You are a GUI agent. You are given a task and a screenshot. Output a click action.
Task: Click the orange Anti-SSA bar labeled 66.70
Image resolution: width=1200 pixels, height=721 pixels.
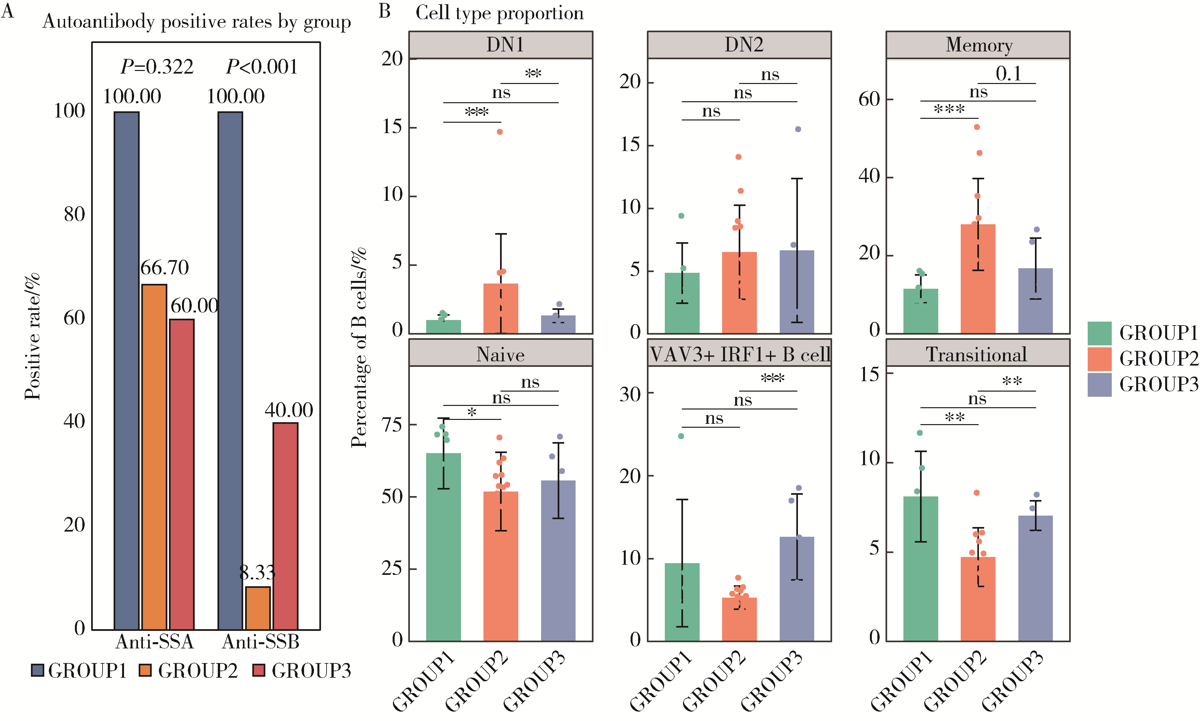click(x=154, y=457)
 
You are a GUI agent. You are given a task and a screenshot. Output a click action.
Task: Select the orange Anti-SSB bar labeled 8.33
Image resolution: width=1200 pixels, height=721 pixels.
click(x=258, y=608)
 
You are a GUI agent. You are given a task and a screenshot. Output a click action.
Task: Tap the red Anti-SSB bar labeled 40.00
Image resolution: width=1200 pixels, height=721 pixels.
click(x=285, y=526)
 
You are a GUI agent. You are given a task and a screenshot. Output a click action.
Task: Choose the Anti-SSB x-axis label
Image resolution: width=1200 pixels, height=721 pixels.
click(x=260, y=642)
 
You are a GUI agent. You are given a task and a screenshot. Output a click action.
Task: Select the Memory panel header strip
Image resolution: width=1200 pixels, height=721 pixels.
click(x=978, y=45)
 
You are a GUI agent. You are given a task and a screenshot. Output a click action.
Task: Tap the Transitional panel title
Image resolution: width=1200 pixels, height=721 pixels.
click(x=977, y=354)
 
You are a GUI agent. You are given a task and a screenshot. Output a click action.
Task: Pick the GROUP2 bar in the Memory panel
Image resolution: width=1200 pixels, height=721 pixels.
click(x=978, y=279)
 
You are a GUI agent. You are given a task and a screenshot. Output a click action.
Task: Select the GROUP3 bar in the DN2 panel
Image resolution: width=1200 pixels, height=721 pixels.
click(x=796, y=292)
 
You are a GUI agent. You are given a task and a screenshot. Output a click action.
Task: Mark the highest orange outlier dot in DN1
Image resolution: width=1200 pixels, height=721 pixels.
click(x=499, y=132)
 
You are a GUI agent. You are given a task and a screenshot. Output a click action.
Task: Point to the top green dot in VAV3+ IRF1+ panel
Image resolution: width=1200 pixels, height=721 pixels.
click(x=681, y=436)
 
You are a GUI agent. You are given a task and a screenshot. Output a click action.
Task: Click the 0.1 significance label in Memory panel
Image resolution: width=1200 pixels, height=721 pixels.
click(x=1008, y=74)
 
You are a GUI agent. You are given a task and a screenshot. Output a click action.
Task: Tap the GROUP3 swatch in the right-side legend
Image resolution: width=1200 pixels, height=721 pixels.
click(x=1099, y=385)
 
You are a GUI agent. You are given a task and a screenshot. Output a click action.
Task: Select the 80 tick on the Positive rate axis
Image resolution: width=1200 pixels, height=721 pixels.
click(x=74, y=214)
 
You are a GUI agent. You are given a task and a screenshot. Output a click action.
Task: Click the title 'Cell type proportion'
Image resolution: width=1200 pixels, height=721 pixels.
click(x=499, y=13)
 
